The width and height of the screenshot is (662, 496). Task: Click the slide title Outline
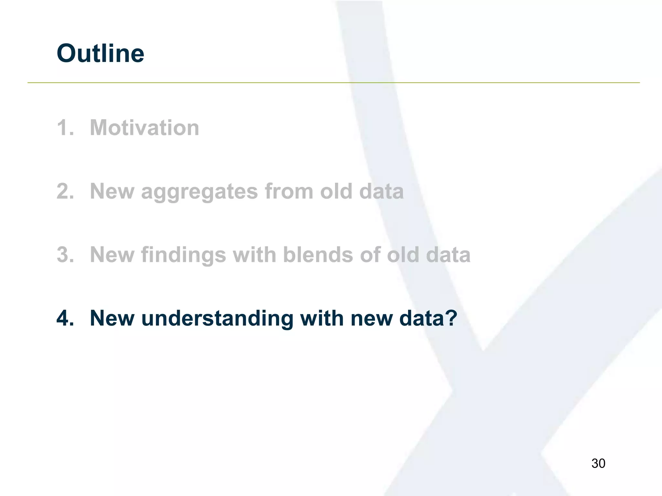[x=100, y=54]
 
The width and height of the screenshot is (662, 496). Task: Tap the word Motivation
[x=144, y=128]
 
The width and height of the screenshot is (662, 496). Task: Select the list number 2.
[x=65, y=191]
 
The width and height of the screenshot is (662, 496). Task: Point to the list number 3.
[x=65, y=255]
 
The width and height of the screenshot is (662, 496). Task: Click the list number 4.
[x=65, y=318]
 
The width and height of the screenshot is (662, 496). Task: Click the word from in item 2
[x=289, y=191]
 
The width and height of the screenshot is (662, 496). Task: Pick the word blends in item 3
[x=318, y=255]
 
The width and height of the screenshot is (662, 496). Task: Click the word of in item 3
[x=370, y=255]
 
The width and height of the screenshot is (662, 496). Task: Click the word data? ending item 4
[x=428, y=318]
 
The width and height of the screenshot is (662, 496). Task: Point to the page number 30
[x=598, y=463]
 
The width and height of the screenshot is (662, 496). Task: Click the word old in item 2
[x=336, y=191]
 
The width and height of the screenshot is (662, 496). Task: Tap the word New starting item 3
[x=112, y=255]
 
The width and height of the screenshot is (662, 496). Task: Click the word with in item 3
[x=254, y=255]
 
